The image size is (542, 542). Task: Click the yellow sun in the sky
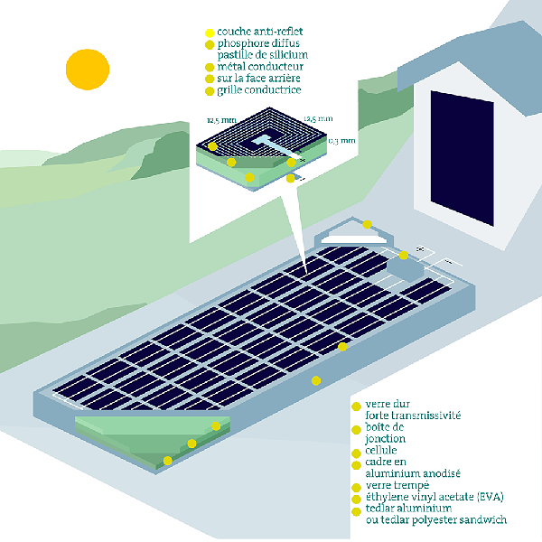point(87,69)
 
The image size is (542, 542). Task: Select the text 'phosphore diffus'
point(258,43)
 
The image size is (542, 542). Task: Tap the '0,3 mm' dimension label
point(342,141)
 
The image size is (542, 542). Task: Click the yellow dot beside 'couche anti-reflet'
point(210,32)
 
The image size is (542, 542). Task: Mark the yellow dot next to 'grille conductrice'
point(210,91)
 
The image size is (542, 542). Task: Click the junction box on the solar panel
point(402,264)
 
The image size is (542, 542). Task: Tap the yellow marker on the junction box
point(404,256)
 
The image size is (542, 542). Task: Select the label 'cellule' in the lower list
point(381,450)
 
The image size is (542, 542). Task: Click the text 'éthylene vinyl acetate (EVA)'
point(435,498)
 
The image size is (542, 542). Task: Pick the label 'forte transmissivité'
point(414,416)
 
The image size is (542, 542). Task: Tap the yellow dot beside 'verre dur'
point(357,405)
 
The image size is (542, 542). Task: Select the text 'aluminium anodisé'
point(413,473)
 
